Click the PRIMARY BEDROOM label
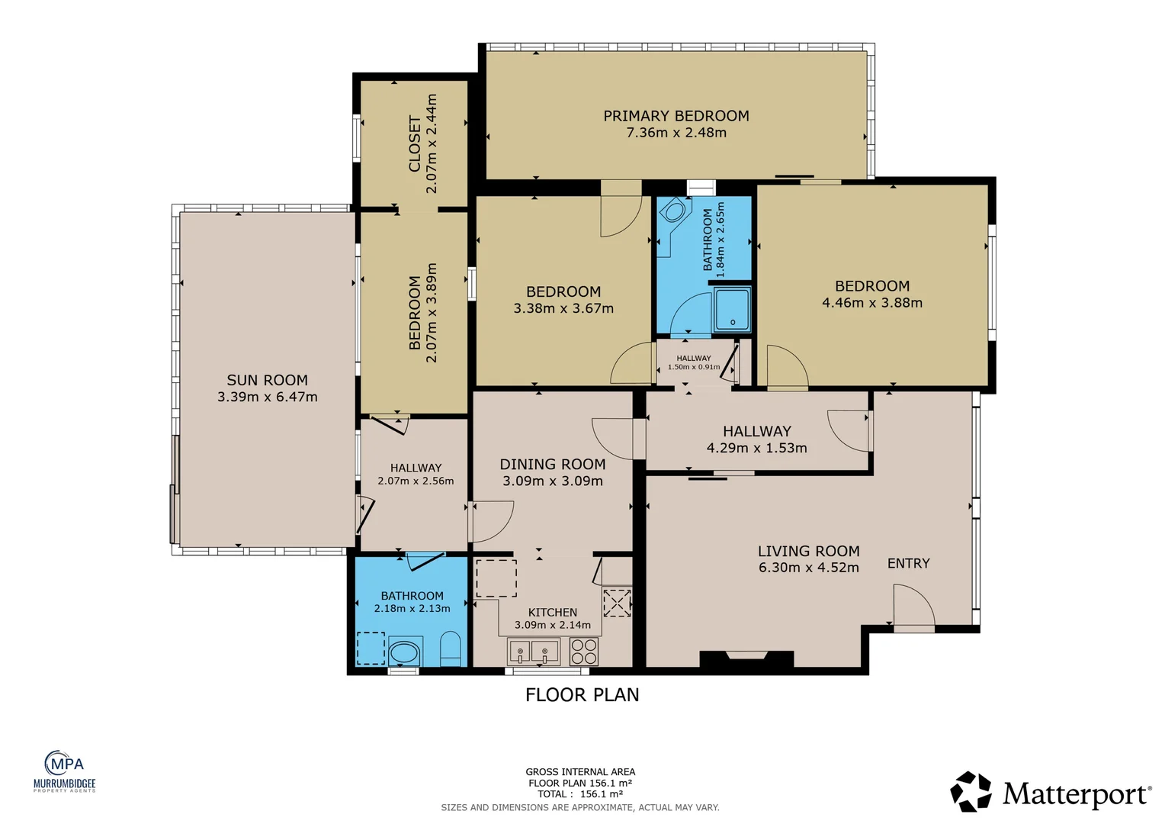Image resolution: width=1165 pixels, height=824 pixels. pos(676,115)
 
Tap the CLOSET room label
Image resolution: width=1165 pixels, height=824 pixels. pos(415,143)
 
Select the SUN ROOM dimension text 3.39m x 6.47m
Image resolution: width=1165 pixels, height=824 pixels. pos(268,397)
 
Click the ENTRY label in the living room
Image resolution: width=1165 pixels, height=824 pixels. pos(908,563)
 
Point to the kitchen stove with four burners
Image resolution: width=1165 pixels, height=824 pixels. pos(583,651)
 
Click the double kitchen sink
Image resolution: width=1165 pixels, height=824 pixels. pos(534,652)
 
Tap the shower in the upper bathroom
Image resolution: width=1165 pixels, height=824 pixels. pos(732,309)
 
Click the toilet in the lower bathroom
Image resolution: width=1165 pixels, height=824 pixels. pos(450,649)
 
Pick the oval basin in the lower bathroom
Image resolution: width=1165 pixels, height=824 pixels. pos(404,652)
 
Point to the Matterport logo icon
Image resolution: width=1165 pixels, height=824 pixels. pos(971,792)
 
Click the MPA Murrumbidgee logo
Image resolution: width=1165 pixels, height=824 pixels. pos(65,771)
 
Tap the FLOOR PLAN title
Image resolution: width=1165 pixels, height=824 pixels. pos(582,695)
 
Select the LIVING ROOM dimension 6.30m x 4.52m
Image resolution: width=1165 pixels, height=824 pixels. pos(808,568)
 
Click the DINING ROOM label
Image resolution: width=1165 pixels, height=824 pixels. pos(552,464)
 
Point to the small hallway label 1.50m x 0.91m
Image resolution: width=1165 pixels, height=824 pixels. pos(694,367)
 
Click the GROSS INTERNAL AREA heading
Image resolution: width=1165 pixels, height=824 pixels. pos(580,772)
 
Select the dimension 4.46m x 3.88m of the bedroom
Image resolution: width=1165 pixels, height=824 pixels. pos(872,302)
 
